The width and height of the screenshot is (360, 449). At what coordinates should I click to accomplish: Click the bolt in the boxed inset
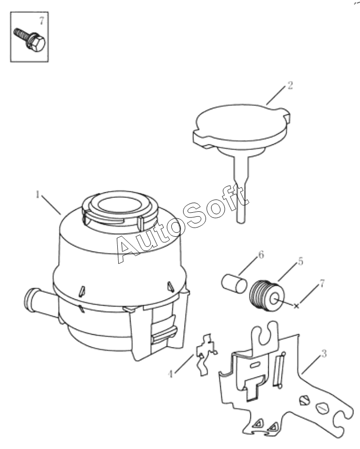[30, 40]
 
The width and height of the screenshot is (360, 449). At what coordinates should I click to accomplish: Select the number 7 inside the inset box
[42, 20]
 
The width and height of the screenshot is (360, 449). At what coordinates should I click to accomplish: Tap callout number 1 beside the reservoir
[37, 194]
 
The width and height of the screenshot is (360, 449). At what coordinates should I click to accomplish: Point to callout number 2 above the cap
[290, 85]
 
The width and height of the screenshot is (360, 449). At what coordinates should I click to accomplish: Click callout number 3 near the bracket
[324, 354]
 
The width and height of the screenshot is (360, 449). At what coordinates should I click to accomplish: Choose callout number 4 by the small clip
[170, 374]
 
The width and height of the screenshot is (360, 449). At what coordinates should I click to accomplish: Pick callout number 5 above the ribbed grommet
[300, 261]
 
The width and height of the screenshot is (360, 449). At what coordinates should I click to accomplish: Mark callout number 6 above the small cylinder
[261, 255]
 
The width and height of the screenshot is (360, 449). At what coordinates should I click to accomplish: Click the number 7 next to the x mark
[322, 284]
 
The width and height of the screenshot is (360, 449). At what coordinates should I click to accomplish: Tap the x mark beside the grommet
[296, 306]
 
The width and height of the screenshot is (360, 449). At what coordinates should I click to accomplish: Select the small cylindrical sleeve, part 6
[234, 284]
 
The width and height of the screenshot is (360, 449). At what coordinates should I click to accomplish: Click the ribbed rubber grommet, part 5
[267, 296]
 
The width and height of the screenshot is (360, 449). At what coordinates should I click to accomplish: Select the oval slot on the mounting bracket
[254, 365]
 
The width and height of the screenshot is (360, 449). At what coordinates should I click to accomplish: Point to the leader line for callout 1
[51, 205]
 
